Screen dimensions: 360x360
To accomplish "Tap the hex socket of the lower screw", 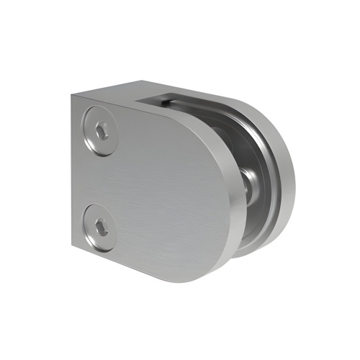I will click(101, 225).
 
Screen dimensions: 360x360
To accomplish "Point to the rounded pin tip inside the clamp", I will click(247, 186).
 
